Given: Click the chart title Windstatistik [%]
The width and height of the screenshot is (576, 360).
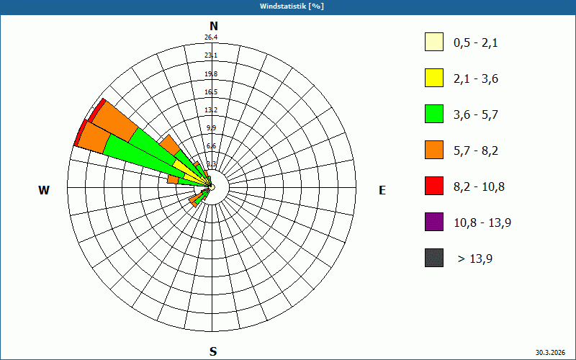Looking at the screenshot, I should tap(288, 6).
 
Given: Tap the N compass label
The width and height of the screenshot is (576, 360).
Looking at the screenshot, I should tap(213, 26).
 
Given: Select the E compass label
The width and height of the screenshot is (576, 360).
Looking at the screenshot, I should tap(382, 190).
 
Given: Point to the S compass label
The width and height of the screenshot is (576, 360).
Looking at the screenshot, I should tap(213, 351).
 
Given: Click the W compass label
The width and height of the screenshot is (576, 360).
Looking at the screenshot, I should tap(44, 190).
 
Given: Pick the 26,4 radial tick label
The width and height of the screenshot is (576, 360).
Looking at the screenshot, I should tap(211, 37).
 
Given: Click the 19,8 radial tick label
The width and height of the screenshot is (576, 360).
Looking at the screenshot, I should tap(211, 74).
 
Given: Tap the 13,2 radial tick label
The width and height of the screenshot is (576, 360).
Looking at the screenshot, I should tap(211, 110).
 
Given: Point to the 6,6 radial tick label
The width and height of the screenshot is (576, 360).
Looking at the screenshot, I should tap(211, 146).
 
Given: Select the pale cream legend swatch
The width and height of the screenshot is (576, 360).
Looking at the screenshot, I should tap(434, 42).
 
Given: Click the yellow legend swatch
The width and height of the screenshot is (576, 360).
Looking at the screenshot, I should tap(434, 78).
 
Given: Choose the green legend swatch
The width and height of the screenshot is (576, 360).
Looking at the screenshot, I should tap(434, 114).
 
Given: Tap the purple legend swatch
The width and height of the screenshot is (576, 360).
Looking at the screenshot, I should tap(434, 222).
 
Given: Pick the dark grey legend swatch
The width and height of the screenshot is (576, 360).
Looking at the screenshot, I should tap(434, 258).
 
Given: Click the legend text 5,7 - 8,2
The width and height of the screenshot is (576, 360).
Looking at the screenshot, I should tap(476, 150).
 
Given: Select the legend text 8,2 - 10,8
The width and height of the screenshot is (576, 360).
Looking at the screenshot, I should tap(479, 186).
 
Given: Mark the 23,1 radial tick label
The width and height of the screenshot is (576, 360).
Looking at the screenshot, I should tap(211, 55).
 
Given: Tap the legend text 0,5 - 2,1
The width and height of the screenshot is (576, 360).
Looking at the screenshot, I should tap(476, 42).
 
